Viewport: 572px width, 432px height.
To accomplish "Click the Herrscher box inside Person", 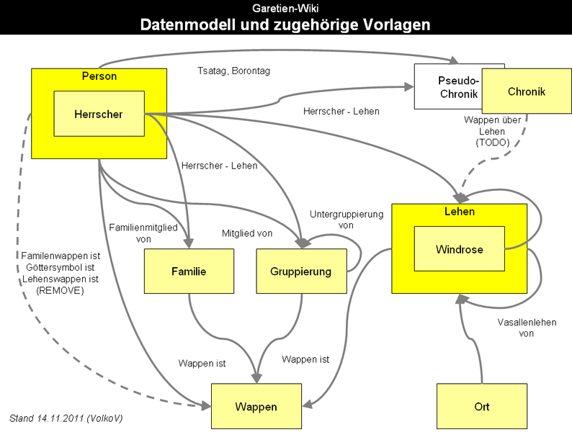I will (x=99, y=114).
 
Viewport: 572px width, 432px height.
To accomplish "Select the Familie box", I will (x=189, y=271).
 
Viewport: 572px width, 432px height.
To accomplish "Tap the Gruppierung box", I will (x=302, y=271).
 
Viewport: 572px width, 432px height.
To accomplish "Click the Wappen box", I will (x=256, y=407).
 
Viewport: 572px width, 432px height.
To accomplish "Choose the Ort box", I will (x=482, y=407).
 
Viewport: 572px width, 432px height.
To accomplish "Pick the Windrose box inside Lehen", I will (x=459, y=249).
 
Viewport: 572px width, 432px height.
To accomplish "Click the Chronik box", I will (x=527, y=91).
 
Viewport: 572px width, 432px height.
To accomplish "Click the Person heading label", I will (x=99, y=76).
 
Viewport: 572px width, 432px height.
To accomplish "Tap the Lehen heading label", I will (x=460, y=212).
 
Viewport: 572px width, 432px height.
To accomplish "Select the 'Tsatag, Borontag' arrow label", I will (x=233, y=71).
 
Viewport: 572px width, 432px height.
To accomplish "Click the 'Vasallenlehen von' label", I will (x=527, y=328).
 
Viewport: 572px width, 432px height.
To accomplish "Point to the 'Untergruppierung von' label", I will (x=347, y=220).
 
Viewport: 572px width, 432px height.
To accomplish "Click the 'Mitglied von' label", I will (x=246, y=233).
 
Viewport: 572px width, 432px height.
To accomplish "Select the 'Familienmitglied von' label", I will (x=143, y=233).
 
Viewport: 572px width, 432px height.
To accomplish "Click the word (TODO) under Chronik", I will (x=493, y=143).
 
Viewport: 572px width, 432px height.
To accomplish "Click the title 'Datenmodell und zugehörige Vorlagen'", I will (x=285, y=24).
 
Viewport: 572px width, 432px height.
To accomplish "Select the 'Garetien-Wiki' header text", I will (x=285, y=8).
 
